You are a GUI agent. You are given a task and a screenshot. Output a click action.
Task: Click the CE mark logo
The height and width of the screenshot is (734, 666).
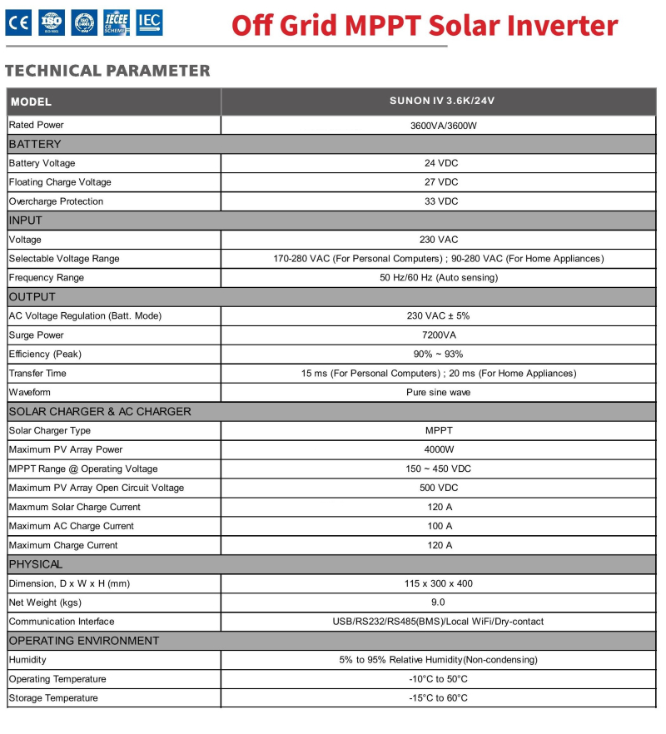[x=17, y=23]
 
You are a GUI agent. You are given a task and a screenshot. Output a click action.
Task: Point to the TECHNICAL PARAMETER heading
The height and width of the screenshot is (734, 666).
[x=107, y=71]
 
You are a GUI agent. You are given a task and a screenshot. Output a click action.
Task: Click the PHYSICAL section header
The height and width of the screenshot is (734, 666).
[x=36, y=564]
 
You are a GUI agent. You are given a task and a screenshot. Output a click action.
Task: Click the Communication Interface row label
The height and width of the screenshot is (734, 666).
[x=62, y=622]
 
